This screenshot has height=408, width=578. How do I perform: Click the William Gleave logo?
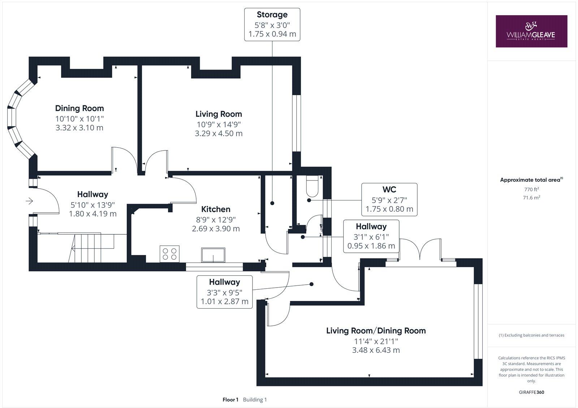coord(531,31)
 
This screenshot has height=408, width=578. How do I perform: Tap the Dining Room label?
coord(79,108)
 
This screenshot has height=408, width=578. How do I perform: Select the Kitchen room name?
coord(216,209)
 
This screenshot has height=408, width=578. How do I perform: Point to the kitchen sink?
coord(213,255)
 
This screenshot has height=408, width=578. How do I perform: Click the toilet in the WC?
coord(312,185)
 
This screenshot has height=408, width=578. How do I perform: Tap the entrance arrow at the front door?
coord(29,201)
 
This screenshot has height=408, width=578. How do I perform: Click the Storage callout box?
coord(272,25)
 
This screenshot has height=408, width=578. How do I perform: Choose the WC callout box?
coord(389,199)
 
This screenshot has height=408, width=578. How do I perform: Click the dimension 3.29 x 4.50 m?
coord(219,133)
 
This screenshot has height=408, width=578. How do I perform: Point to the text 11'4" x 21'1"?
coord(376,341)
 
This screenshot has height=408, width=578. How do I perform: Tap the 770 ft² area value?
coord(531,189)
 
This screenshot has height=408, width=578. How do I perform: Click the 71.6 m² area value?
coord(531,197)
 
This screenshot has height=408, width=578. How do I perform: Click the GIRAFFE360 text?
coord(531,392)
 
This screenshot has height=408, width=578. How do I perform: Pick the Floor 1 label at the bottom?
coord(230,400)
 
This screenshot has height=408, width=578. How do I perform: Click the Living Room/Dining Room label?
coord(376,331)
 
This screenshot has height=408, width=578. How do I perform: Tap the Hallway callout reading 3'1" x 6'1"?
coord(371,236)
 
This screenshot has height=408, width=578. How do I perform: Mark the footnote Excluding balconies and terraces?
coord(531,335)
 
